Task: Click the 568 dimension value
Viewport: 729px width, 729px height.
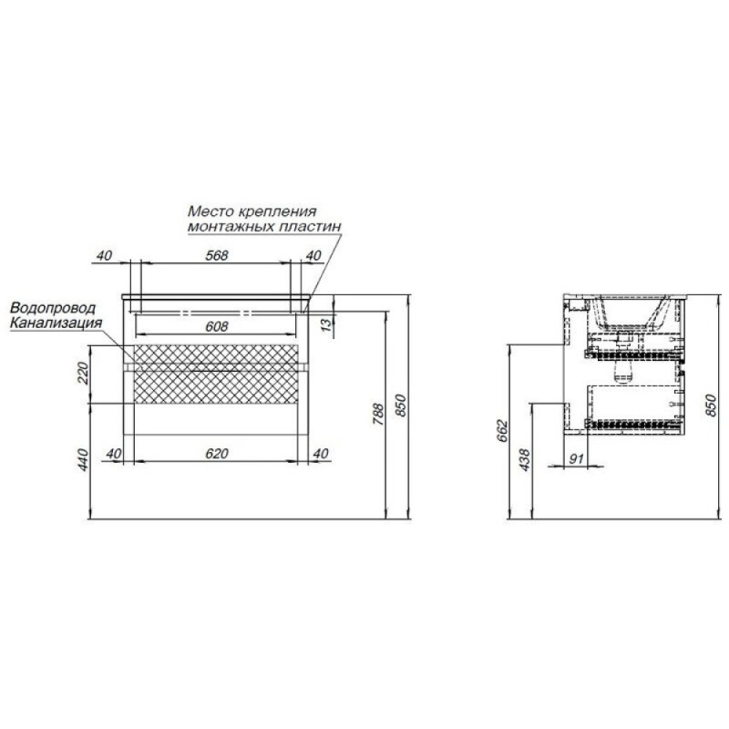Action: [217, 255]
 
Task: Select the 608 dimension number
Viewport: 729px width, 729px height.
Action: [217, 326]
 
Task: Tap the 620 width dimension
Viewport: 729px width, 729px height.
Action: [217, 453]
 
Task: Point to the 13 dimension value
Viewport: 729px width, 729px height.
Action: [328, 323]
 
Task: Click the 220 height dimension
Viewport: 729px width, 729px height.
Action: [83, 373]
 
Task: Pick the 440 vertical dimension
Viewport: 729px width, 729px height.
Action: [83, 460]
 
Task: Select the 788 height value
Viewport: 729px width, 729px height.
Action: [379, 415]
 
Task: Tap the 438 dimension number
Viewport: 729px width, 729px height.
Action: [525, 460]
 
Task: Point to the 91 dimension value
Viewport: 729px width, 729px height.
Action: [576, 459]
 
